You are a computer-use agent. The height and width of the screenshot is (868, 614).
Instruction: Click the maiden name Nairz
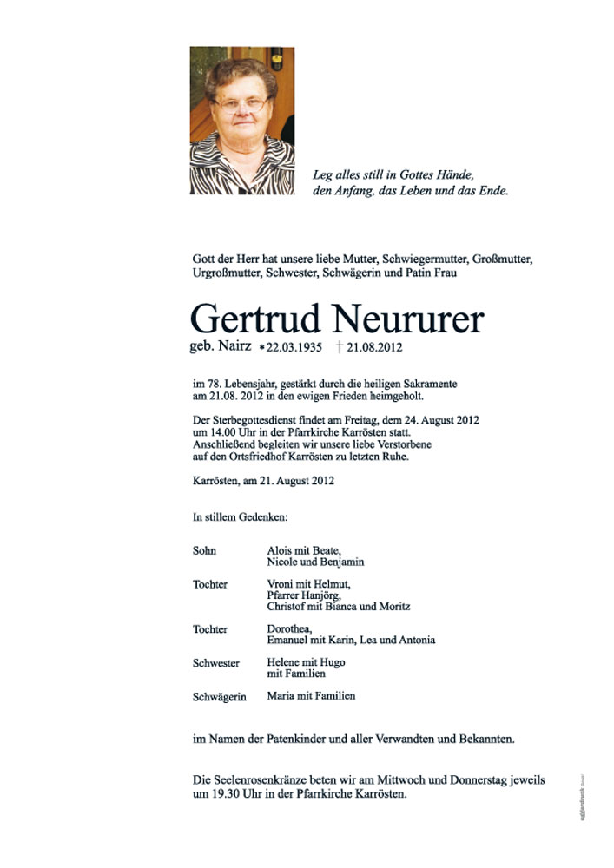(x=234, y=346)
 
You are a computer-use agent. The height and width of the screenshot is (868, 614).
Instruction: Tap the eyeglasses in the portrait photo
(x=241, y=105)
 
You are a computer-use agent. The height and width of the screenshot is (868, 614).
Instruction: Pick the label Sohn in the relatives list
(x=204, y=550)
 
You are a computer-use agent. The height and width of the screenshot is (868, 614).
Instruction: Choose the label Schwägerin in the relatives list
(x=219, y=696)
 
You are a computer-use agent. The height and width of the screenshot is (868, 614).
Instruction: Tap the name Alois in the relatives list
(x=281, y=550)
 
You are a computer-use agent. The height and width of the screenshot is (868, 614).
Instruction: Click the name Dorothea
(x=289, y=628)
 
